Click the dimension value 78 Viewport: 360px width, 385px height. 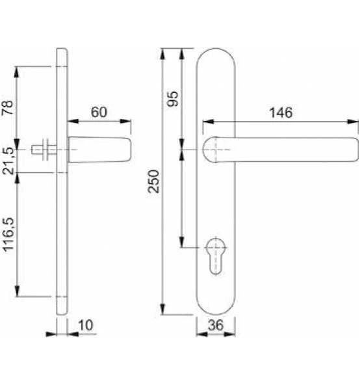8,107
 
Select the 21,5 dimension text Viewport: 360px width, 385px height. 8,161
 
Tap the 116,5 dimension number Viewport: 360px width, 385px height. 8,235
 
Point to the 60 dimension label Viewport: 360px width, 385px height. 99,112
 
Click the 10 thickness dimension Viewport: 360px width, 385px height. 86,325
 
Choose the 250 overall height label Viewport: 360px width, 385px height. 153,181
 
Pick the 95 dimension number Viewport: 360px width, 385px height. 172,98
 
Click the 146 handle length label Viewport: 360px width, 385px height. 281,113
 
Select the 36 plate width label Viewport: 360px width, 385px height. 216,325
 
